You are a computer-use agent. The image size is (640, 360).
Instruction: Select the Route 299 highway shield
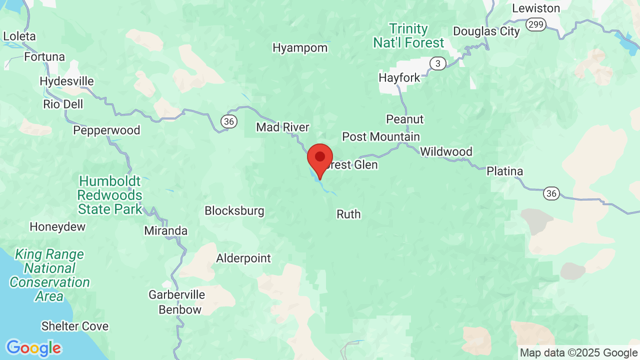[536, 24]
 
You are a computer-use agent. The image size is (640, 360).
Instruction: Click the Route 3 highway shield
[438, 63]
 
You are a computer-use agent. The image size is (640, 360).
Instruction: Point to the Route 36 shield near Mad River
[229, 121]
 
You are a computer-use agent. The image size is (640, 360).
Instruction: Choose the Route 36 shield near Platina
[551, 193]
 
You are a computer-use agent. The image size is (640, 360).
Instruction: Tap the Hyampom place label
[300, 48]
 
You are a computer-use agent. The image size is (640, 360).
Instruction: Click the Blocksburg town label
[234, 211]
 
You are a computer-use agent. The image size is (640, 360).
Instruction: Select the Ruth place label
[348, 214]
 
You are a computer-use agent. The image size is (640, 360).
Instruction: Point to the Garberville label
[177, 294]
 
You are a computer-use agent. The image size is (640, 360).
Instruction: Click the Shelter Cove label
[75, 326]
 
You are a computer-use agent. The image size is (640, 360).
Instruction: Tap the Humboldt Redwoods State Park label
[110, 195]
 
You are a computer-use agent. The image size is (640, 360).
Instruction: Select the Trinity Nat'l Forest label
[409, 36]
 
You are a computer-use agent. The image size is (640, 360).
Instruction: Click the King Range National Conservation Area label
[49, 275]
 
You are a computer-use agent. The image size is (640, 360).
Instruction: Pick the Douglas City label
[486, 31]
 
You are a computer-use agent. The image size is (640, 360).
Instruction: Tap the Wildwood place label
[446, 151]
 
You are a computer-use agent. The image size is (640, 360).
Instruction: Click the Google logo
[33, 348]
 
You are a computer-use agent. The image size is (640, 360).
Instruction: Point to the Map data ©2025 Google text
[579, 353]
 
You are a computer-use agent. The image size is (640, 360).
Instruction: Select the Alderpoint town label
[243, 258]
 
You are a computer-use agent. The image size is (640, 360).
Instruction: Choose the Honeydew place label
[57, 226]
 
